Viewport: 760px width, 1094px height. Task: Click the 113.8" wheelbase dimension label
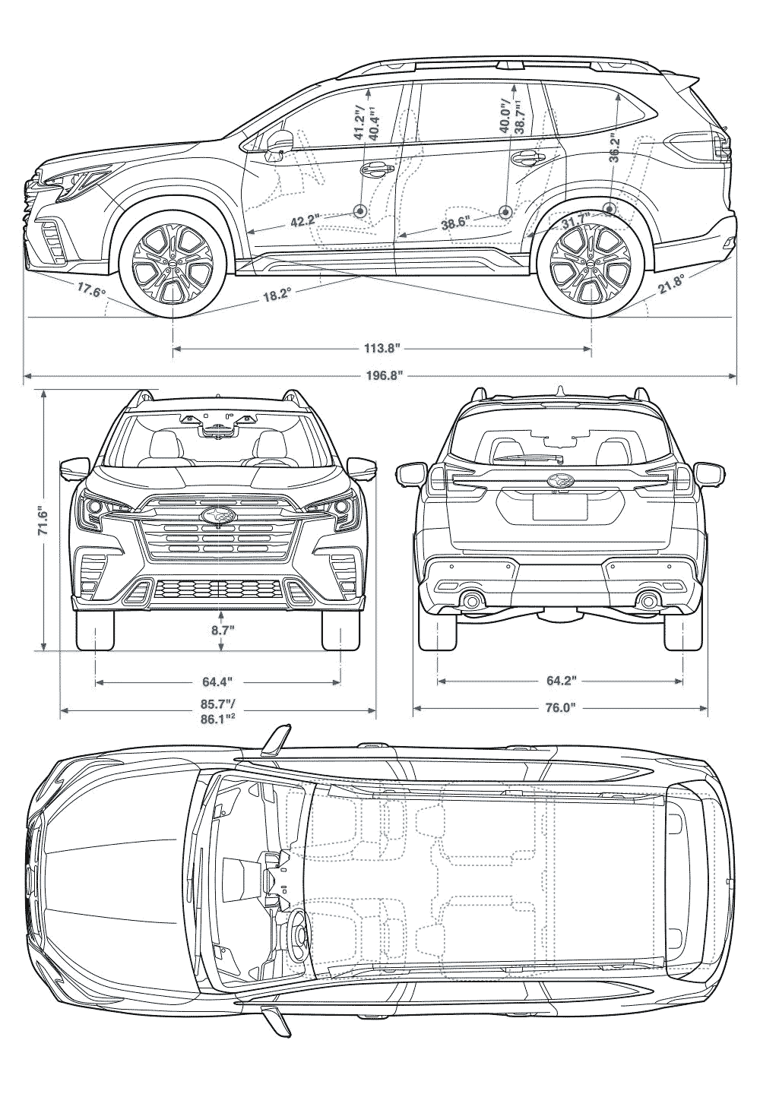tap(382, 349)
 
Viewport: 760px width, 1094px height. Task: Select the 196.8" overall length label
tap(382, 375)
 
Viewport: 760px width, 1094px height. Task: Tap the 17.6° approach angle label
tap(90, 288)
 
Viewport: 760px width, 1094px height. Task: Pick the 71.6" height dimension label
tap(43, 522)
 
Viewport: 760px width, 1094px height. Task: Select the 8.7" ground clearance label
tap(220, 630)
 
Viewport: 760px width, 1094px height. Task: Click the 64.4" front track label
tap(218, 681)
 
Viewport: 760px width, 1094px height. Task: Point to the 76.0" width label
tap(560, 708)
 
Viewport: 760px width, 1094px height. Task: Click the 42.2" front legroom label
tap(305, 222)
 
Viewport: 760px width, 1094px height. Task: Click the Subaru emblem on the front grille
tap(220, 516)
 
